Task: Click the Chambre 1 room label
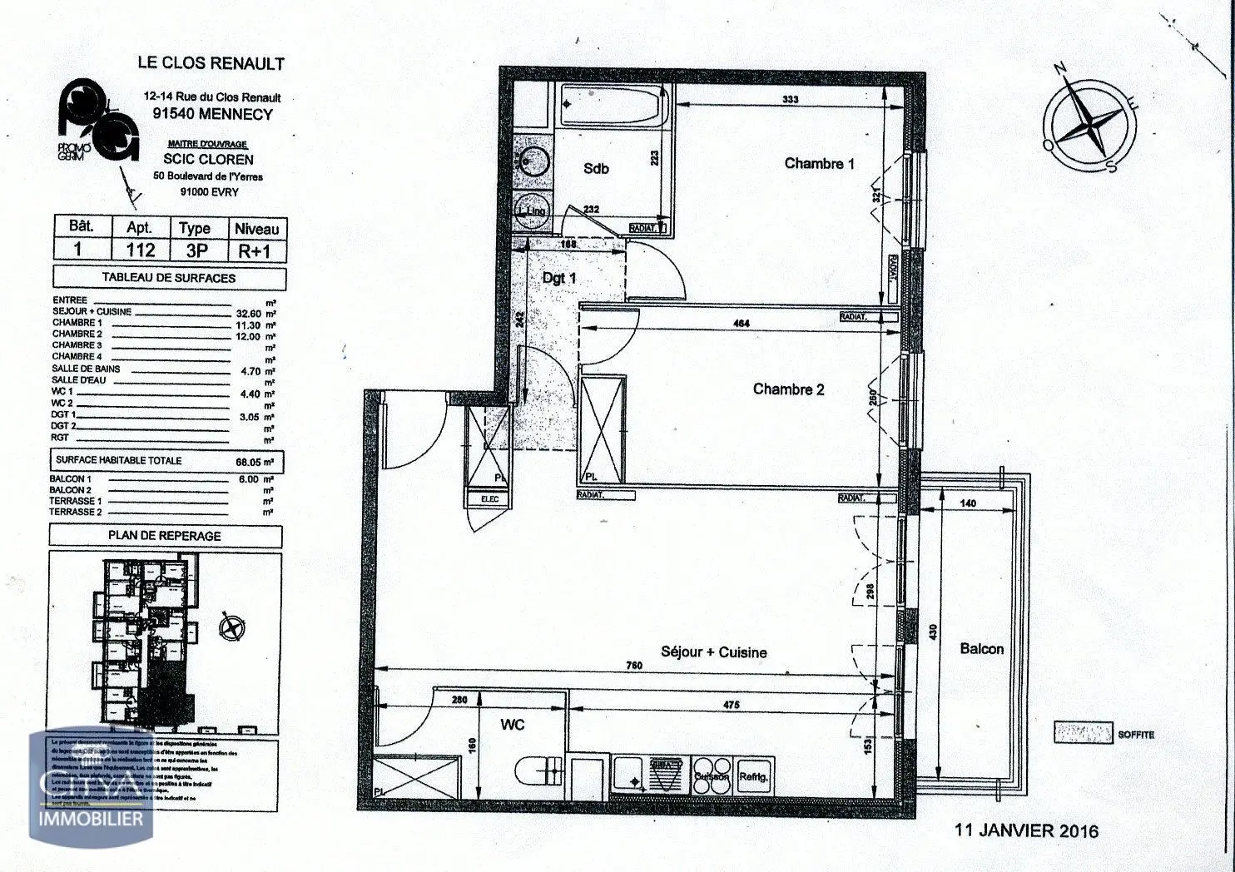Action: [819, 164]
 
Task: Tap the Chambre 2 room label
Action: [788, 389]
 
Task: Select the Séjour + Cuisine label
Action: [713, 652]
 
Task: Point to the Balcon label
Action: [981, 649]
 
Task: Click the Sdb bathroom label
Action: [596, 169]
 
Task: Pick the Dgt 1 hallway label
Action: [559, 278]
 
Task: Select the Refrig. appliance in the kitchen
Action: [754, 776]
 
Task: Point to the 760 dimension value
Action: [634, 664]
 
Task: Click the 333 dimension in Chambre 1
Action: [790, 99]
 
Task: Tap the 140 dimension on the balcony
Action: [968, 503]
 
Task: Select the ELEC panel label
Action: [489, 499]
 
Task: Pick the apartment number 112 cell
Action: [141, 250]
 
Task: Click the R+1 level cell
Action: [256, 250]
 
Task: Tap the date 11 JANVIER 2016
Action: [1026, 830]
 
